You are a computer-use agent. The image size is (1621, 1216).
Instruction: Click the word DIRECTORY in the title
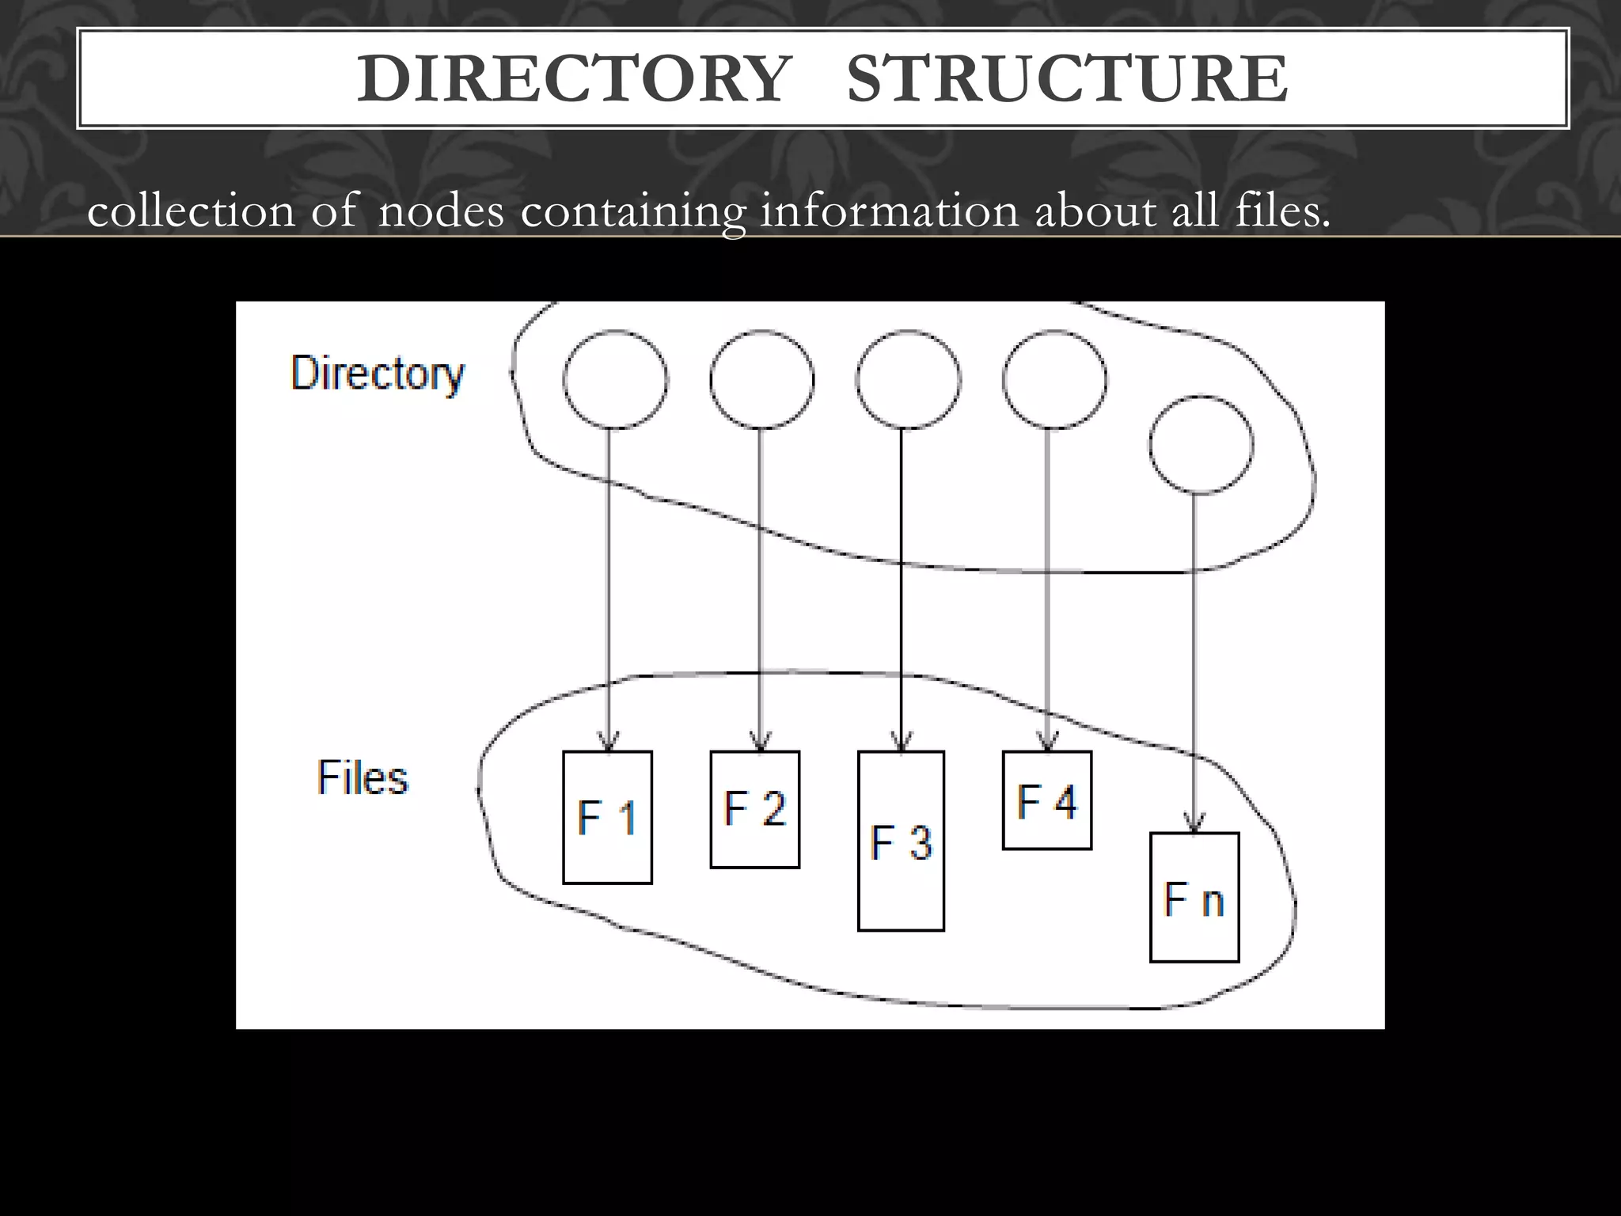574,79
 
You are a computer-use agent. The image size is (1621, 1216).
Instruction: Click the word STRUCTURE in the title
1067,79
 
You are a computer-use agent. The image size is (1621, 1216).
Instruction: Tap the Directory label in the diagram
378,373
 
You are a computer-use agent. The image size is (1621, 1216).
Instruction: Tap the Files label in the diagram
363,777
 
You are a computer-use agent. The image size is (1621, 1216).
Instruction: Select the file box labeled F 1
607,817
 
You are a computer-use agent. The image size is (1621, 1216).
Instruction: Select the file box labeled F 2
754,809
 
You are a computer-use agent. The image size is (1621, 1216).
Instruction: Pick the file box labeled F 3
901,841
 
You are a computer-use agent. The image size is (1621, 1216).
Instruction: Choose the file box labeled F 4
1046,800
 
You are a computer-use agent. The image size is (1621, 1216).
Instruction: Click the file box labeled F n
1194,898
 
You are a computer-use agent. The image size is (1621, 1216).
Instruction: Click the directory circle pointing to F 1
615,380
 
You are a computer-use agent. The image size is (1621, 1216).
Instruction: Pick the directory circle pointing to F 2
761,380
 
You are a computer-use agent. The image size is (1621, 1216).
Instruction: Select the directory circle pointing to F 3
908,380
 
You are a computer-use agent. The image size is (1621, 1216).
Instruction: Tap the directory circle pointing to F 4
1054,380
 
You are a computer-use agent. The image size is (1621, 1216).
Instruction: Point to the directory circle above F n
1201,445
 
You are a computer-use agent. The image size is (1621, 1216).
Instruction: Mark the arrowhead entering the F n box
1194,823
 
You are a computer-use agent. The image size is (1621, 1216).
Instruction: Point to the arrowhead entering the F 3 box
902,743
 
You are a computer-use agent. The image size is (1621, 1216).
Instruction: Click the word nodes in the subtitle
441,212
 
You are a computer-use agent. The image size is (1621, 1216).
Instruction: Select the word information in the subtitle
889,212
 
